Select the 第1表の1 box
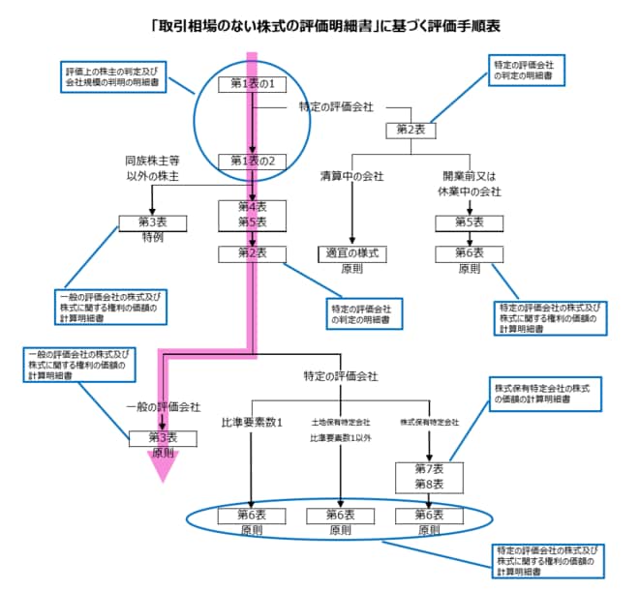pos(251,84)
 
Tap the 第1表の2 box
pos(251,161)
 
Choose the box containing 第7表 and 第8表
pos(423,476)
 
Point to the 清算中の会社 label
pos(351,178)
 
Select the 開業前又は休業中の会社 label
pos(472,184)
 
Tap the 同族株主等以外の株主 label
pos(153,169)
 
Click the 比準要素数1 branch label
pos(251,423)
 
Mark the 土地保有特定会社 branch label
pos(341,423)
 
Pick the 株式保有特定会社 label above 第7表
pos(429,423)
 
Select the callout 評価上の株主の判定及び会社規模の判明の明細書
pos(112,77)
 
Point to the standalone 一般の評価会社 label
pos(164,407)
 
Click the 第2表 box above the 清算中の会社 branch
pos(411,129)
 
